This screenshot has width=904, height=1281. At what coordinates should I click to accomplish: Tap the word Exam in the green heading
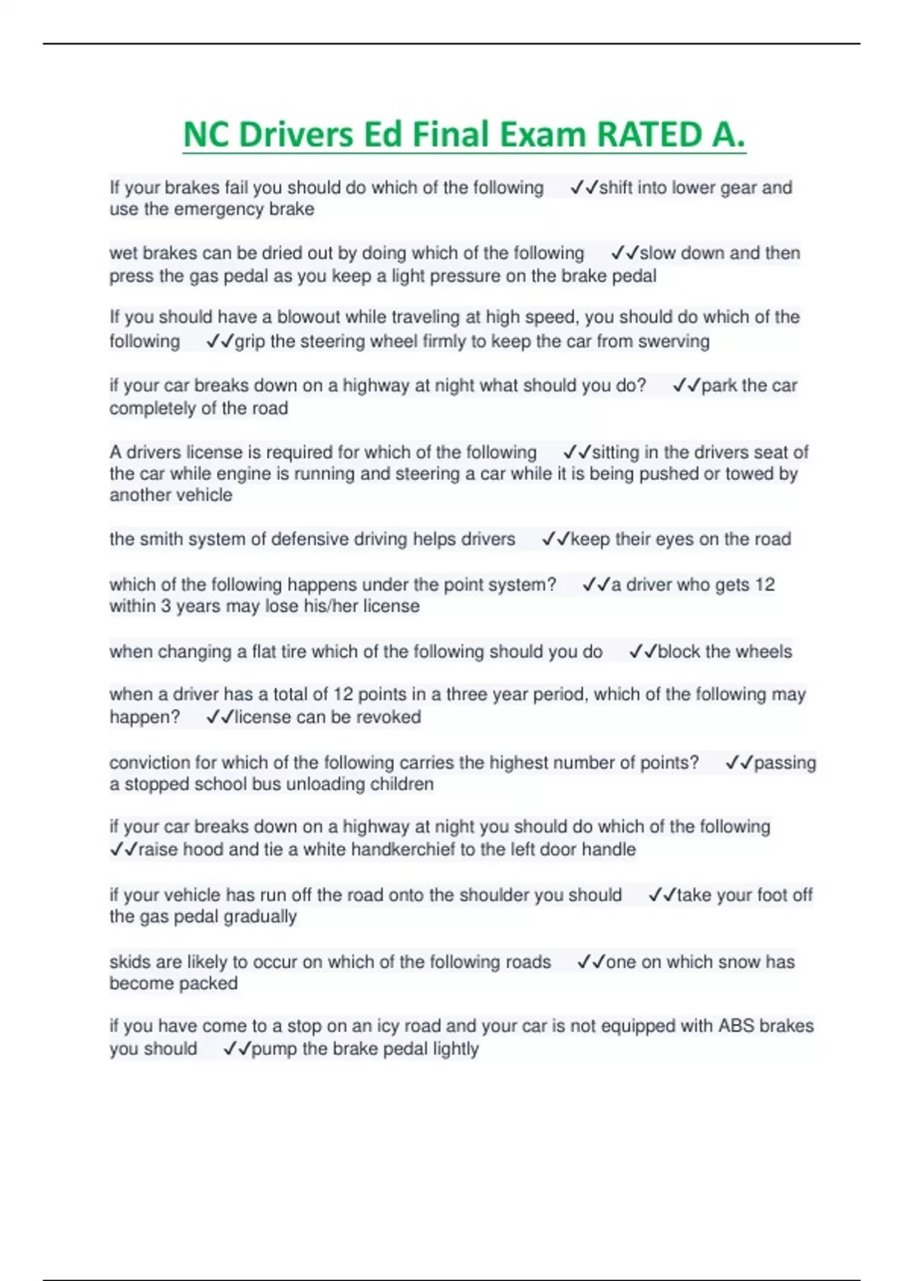pos(538,136)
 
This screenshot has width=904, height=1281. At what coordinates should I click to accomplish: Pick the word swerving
pos(673,341)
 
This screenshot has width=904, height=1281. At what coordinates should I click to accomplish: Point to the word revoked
pos(389,717)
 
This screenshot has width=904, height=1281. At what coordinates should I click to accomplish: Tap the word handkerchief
pos(402,850)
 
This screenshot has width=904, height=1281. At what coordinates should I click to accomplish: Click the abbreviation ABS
pos(736,1026)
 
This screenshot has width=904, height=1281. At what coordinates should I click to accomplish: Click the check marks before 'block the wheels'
pos(643,652)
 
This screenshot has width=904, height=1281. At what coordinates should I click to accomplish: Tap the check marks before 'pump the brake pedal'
pos(237,1049)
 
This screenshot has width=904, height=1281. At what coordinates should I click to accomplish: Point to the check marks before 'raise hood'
pos(124,850)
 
